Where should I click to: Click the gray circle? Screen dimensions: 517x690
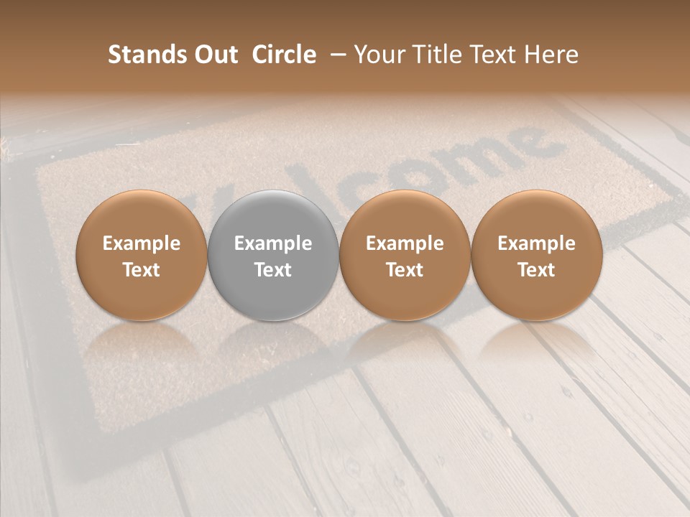(x=273, y=256)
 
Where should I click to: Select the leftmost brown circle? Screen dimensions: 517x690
(x=142, y=256)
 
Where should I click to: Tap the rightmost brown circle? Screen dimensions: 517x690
(x=537, y=256)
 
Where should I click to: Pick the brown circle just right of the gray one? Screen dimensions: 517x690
(x=405, y=256)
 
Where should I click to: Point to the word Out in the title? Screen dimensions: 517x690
(x=212, y=55)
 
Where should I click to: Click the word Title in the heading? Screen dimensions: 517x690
(x=439, y=55)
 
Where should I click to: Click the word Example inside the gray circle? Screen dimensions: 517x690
(x=273, y=243)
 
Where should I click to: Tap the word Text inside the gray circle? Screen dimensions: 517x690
(x=273, y=270)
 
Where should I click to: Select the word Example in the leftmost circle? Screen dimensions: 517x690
(x=142, y=243)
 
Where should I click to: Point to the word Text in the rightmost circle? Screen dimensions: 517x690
(x=537, y=270)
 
